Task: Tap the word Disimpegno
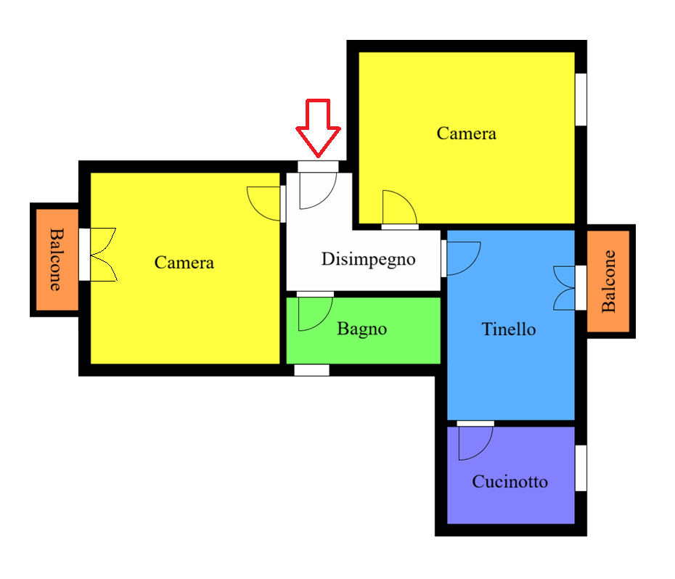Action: tap(369, 260)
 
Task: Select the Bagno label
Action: tap(361, 329)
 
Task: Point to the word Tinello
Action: tap(508, 329)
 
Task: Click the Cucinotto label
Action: tap(510, 481)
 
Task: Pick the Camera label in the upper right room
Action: tap(466, 134)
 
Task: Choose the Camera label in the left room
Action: tap(184, 263)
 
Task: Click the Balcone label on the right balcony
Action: tap(608, 281)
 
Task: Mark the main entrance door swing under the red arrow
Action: tap(330, 197)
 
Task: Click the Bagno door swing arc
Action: tap(327, 319)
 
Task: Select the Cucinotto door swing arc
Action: tap(487, 449)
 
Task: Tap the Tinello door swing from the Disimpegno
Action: tap(474, 264)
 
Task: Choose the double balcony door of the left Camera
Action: tap(103, 255)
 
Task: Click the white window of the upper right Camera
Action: tap(581, 99)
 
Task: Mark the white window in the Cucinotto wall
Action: tap(581, 468)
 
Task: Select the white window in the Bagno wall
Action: tap(311, 370)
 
